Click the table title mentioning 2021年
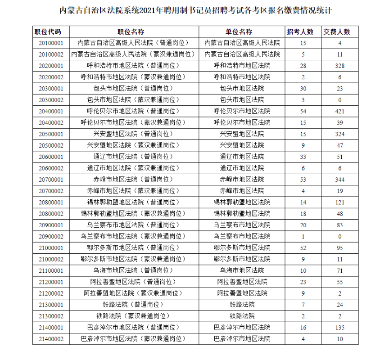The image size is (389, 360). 194,9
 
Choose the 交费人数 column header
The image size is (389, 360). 336,32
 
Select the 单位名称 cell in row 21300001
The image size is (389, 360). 242,305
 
